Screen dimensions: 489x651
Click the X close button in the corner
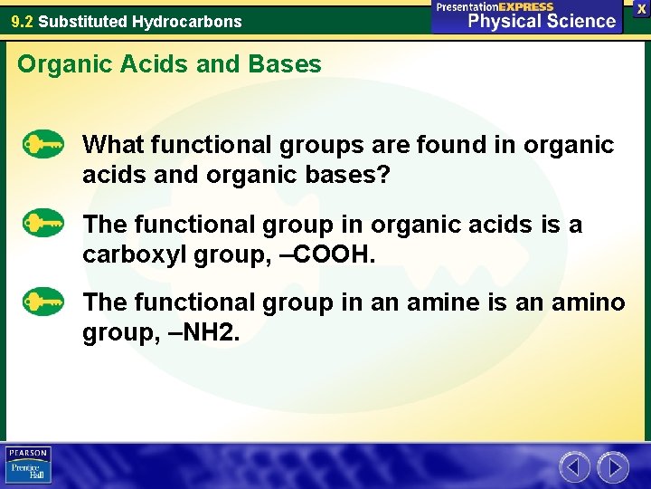pyautogui.click(x=641, y=8)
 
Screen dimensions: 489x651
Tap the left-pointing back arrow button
pyautogui.click(x=575, y=467)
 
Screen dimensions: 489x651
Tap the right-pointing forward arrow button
pyautogui.click(x=613, y=467)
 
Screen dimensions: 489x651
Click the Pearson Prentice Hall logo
pyautogui.click(x=28, y=465)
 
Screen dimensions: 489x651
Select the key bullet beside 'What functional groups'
pyautogui.click(x=43, y=144)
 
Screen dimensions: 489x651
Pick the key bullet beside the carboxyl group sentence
pyautogui.click(x=43, y=223)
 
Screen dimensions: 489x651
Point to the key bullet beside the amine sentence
pyautogui.click(x=43, y=301)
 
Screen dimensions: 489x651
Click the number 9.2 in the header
pyautogui.click(x=22, y=21)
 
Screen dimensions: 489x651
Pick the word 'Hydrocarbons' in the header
pyautogui.click(x=193, y=21)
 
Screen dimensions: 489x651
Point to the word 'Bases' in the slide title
pyautogui.click(x=291, y=64)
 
